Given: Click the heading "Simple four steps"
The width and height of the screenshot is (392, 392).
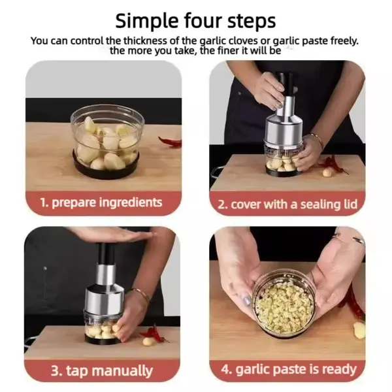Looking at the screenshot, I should [x=195, y=20].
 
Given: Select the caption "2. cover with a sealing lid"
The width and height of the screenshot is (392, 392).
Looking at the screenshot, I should [x=287, y=204].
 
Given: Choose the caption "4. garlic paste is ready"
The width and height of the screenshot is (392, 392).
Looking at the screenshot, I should [x=287, y=369].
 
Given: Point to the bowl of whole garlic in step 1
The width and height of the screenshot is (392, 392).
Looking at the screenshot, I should [x=106, y=139].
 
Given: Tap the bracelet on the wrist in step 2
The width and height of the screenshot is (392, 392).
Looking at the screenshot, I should [x=318, y=139].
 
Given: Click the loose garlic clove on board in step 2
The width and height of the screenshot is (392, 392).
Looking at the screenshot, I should [x=327, y=172].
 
